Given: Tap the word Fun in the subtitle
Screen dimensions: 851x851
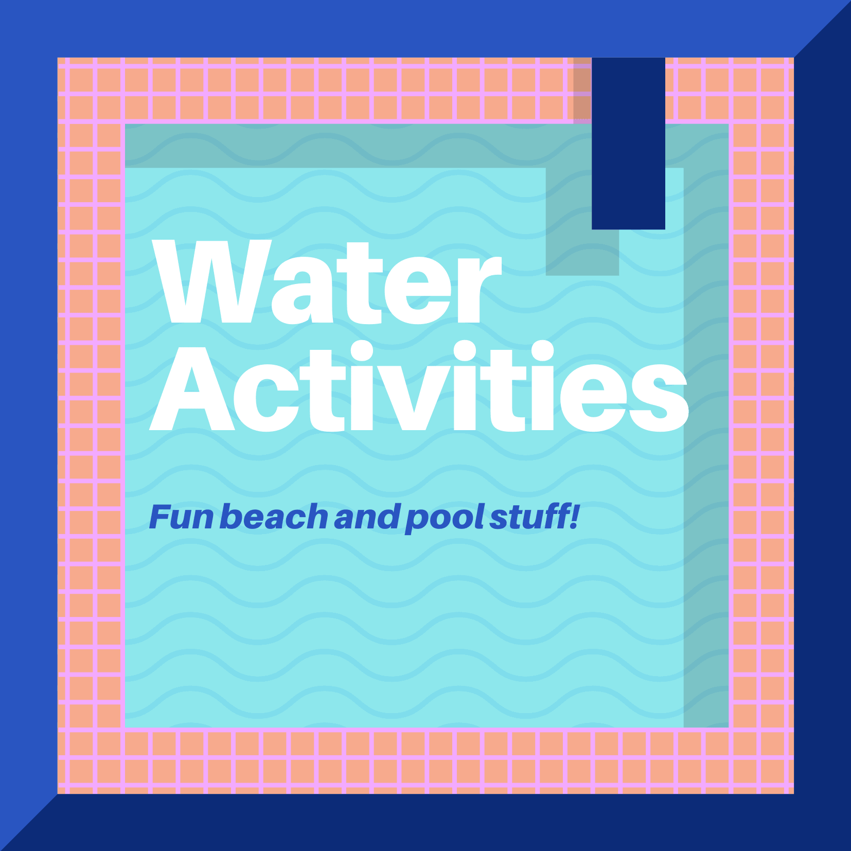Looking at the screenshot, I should pos(181,517).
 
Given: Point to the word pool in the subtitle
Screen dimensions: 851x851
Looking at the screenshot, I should pos(445,518).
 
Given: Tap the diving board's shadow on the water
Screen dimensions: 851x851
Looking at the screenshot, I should pos(581,252).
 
